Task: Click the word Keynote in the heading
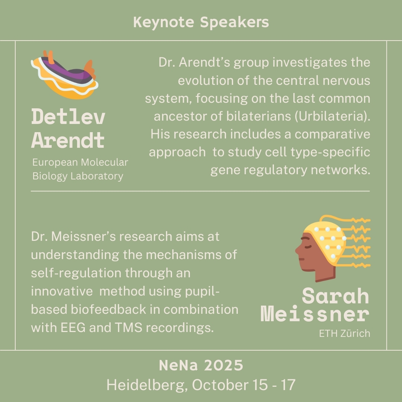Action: tap(163, 22)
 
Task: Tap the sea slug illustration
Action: tap(65, 74)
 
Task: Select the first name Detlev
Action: tap(68, 117)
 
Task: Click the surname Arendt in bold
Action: tap(68, 140)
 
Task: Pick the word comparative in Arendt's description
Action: tap(332, 134)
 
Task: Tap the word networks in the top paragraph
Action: tap(341, 170)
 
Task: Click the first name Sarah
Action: tap(336, 296)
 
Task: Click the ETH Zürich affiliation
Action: tap(345, 334)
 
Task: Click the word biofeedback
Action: tap(108, 309)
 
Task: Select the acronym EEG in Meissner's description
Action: tap(73, 328)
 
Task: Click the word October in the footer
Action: tap(220, 385)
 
